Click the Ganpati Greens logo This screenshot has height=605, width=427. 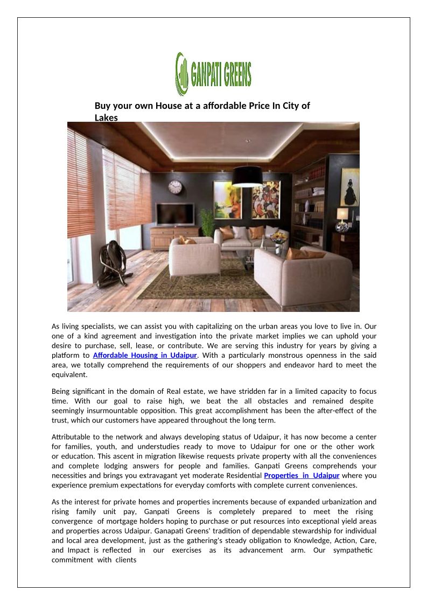[213, 74]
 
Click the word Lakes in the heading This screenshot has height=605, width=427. [106, 117]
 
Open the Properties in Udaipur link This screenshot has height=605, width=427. [302, 476]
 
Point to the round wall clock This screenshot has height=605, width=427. [175, 187]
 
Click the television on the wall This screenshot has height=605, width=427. [175, 213]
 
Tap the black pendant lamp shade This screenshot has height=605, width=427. [247, 176]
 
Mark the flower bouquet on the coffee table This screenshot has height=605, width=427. [278, 238]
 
